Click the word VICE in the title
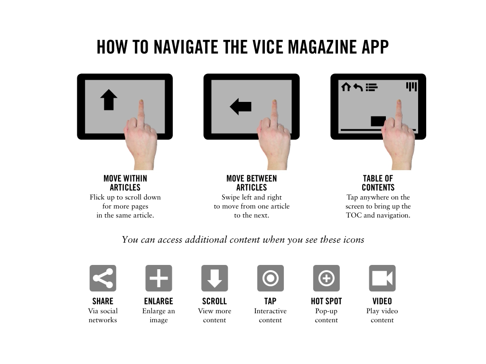pos(268,47)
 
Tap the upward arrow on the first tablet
pos(109,100)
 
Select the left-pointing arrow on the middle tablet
pos(241,107)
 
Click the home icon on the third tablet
pos(346,87)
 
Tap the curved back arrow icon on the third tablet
pos(358,87)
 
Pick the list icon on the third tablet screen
pos(372,87)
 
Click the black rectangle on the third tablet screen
pos(378,121)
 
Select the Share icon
pos(103,278)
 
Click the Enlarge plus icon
pos(159,278)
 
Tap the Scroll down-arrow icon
pos(215,278)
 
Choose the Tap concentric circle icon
pos(270,278)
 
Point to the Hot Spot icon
pos(327,278)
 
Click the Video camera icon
pos(382,278)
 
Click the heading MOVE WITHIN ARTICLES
pos(125,183)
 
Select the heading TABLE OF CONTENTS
pos(378,183)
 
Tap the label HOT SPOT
pos(327,301)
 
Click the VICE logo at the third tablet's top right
pos(411,87)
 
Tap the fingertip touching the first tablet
pos(141,102)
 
